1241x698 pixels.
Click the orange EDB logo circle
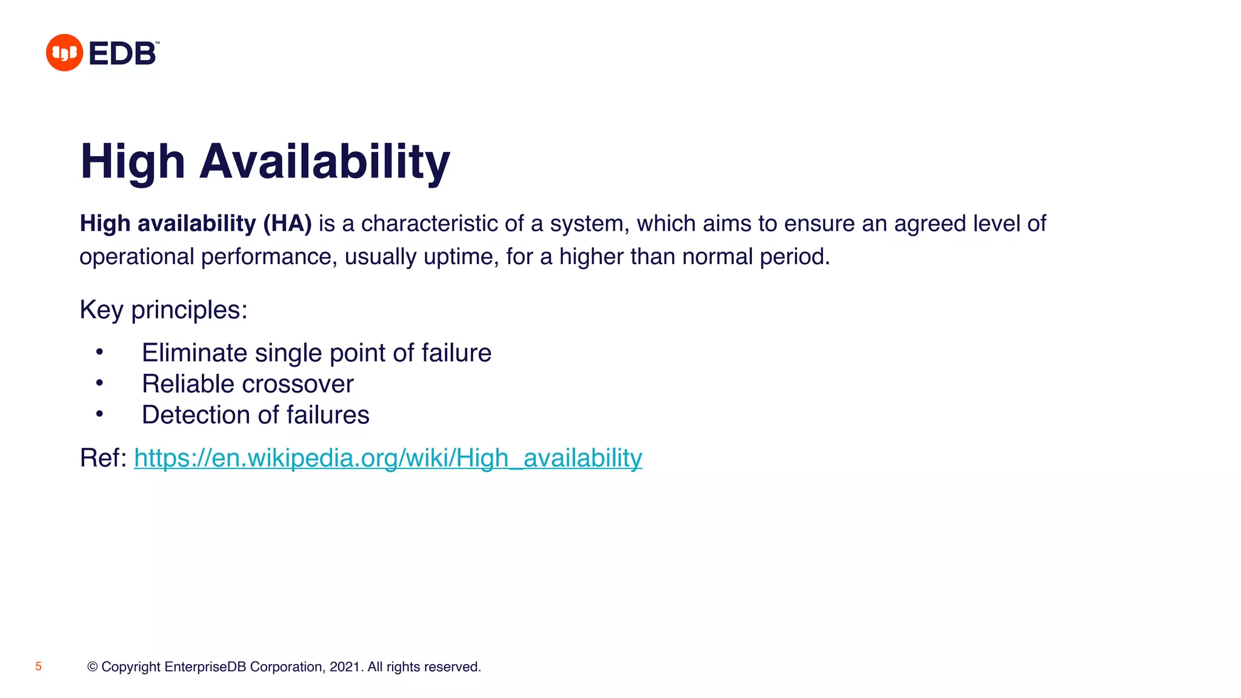point(64,53)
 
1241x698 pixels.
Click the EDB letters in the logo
point(122,53)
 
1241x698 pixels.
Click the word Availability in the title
point(325,162)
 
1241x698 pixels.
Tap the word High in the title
point(133,162)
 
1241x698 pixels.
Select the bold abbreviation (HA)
point(287,224)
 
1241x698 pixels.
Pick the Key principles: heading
point(164,310)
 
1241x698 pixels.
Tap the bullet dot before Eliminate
point(100,352)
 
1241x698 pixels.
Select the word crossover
point(298,384)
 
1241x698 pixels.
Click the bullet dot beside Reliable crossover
point(100,383)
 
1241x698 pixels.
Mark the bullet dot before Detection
point(100,414)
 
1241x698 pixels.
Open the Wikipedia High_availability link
point(388,458)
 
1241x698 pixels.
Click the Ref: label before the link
point(103,458)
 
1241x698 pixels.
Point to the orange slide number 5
point(38,666)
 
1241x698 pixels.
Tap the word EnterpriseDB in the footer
point(205,667)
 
